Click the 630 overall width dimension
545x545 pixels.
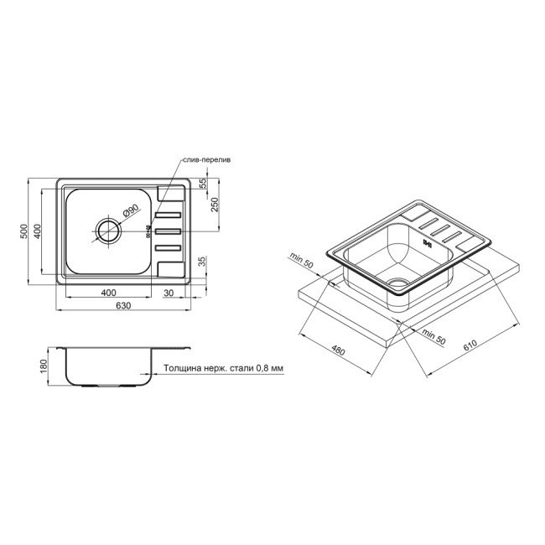123,305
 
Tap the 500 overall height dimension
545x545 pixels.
26,228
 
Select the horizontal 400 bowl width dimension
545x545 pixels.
107,292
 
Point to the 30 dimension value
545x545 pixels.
168,292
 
